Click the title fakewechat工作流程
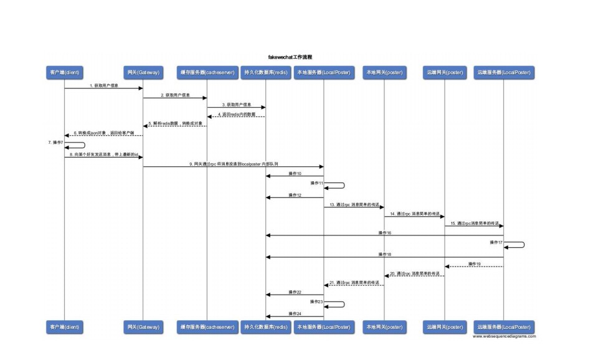tap(290, 57)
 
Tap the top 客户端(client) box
tap(64, 73)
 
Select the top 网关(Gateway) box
tap(143, 73)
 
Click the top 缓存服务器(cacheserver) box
tap(207, 73)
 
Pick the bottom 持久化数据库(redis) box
tap(265, 326)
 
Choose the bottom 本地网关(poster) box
tap(384, 326)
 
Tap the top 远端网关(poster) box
tap(445, 73)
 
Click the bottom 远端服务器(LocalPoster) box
tap(504, 326)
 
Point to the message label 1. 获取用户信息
tap(103, 85)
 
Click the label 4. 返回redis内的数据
tap(237, 114)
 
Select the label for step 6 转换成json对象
tap(104, 133)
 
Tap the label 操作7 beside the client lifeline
tap(56, 143)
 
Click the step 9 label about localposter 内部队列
tap(234, 163)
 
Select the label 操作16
tap(384, 232)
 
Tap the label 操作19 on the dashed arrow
tap(474, 263)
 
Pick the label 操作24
tap(295, 313)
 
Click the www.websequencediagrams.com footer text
tap(504, 336)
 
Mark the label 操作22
tap(295, 291)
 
